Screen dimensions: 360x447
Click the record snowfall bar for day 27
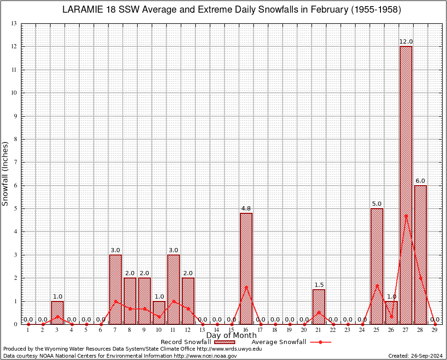pos(406,185)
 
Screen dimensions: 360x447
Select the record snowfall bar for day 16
pos(246,269)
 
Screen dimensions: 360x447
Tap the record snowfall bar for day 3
pos(57,313)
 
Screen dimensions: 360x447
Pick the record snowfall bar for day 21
pos(319,307)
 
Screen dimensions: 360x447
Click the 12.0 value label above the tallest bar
pos(406,42)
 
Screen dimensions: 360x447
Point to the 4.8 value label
pos(246,208)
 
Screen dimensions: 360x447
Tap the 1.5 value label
pos(319,285)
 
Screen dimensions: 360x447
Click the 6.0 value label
pos(420,180)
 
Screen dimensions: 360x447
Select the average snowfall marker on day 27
pos(406,216)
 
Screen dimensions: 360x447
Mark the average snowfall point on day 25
pos(377,285)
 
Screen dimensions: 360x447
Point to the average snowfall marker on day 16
pos(246,287)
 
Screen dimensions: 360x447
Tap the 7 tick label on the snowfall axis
pos(15,162)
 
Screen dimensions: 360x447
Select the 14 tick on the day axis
pos(217,330)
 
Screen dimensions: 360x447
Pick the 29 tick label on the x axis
pos(435,330)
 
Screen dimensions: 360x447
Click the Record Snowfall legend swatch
pos(224,342)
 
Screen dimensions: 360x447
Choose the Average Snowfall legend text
pos(279,342)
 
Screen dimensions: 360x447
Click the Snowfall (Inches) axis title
pos(6,173)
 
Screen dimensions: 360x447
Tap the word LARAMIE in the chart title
pos(83,10)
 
